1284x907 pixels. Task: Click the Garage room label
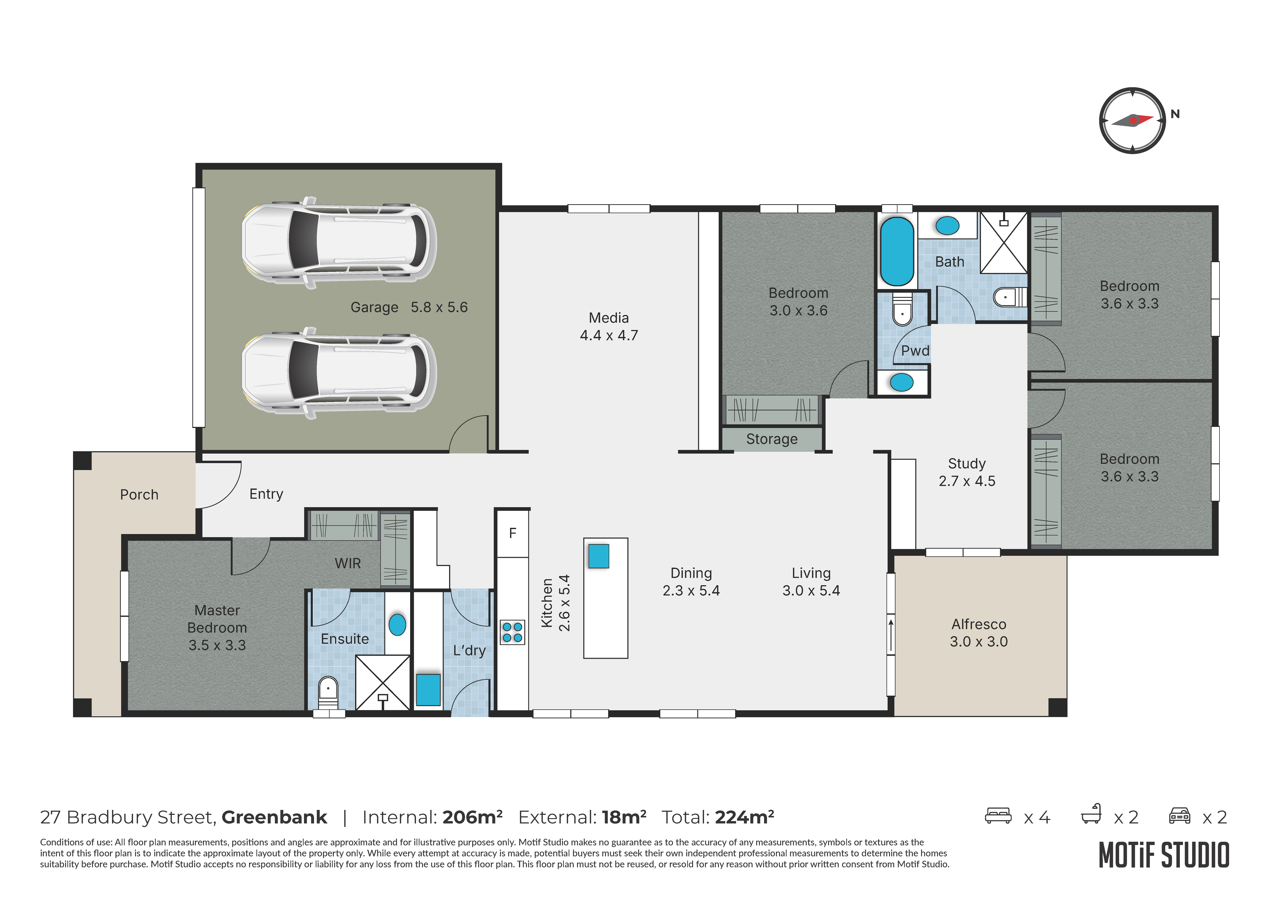374,307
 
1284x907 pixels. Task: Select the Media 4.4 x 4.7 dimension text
609,335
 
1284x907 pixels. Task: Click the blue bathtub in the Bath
897,252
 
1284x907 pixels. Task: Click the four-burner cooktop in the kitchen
512,632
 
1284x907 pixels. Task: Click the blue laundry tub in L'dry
428,690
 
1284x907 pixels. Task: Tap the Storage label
772,439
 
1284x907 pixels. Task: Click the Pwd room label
915,351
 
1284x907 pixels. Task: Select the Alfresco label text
979,624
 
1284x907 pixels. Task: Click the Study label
967,464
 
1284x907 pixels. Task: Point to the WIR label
348,563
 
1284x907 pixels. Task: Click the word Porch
139,495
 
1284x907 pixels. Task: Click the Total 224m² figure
744,817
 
